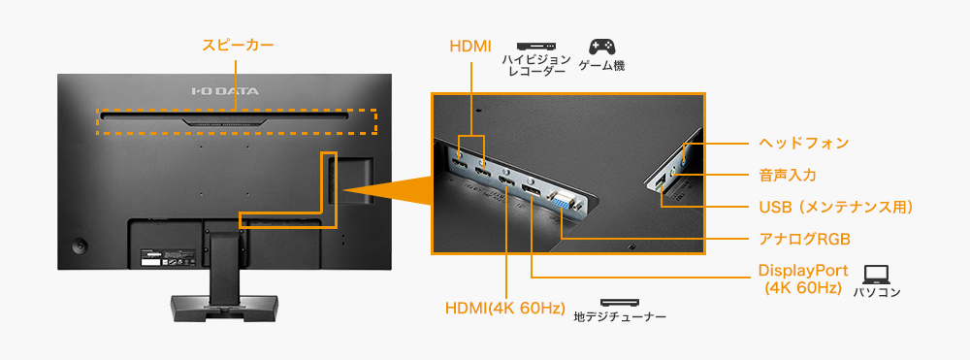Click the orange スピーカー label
(238, 45)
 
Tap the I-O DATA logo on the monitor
(224, 92)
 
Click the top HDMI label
(471, 47)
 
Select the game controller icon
(602, 47)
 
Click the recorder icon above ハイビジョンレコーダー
(534, 46)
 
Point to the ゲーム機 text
(601, 67)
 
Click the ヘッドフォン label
(803, 143)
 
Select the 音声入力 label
(787, 175)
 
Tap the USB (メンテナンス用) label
(835, 207)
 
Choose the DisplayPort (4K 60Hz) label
(803, 278)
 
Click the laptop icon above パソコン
(876, 274)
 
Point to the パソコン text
(877, 292)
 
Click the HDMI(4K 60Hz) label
(505, 309)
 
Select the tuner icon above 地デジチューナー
(620, 302)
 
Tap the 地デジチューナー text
(620, 316)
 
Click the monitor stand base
(224, 309)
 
